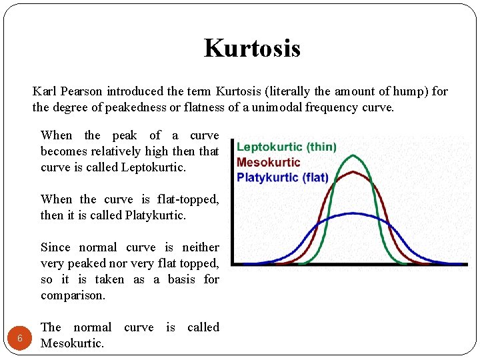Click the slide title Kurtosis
click(252, 48)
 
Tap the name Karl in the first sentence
click(44, 91)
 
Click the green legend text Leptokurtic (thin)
click(286, 147)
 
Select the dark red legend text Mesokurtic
click(268, 162)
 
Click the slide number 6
click(20, 338)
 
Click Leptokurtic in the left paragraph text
click(153, 167)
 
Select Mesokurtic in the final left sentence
click(72, 343)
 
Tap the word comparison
click(73, 295)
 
